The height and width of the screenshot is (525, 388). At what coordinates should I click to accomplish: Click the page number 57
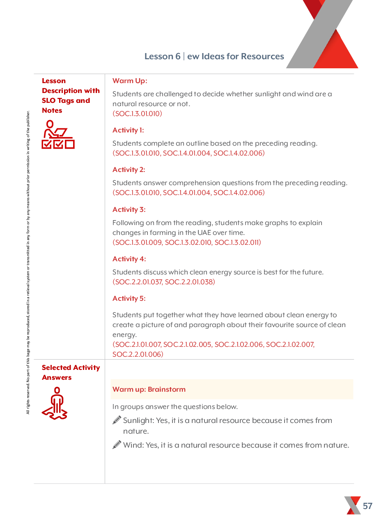tap(367, 506)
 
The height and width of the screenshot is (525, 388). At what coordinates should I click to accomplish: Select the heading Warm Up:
tap(130, 81)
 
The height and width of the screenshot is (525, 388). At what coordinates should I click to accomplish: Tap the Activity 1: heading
tap(128, 130)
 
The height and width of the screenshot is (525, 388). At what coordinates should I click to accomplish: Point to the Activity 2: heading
tap(129, 170)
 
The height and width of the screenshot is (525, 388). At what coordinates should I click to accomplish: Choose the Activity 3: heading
tap(129, 210)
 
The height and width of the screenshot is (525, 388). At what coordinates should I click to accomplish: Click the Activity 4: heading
tap(129, 259)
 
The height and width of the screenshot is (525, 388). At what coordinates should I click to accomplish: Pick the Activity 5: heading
tap(129, 299)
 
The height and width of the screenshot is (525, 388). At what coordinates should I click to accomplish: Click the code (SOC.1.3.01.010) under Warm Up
tap(137, 114)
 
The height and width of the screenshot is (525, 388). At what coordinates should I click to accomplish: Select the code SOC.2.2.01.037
tap(138, 282)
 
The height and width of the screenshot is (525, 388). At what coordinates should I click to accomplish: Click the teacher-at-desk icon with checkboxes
tap(57, 135)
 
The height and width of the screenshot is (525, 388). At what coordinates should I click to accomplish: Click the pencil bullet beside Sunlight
tap(117, 420)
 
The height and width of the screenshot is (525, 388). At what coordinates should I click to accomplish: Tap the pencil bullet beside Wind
tap(117, 445)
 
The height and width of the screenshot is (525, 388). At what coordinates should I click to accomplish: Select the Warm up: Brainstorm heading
tap(149, 390)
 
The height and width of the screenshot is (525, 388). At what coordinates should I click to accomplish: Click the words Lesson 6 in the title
tap(162, 57)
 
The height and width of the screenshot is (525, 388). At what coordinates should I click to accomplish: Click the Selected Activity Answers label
tap(71, 373)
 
